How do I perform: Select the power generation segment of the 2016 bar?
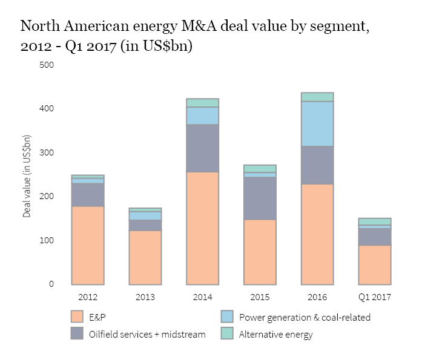point(317,123)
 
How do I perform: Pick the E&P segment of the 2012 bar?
point(88,245)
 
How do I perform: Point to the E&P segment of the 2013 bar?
point(145,257)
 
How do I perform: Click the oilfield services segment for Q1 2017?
point(375,237)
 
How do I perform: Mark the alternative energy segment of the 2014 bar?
point(203,103)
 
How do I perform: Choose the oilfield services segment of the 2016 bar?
point(317,165)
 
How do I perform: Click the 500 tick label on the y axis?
point(47,65)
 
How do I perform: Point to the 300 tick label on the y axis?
point(47,152)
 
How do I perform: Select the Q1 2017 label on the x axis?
point(375,297)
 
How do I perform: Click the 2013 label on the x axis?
point(145,297)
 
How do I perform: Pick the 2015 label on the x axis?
point(260,297)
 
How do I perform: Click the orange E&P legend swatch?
point(76,316)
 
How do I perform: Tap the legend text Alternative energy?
point(276,334)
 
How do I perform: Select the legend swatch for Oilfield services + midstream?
point(76,333)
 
